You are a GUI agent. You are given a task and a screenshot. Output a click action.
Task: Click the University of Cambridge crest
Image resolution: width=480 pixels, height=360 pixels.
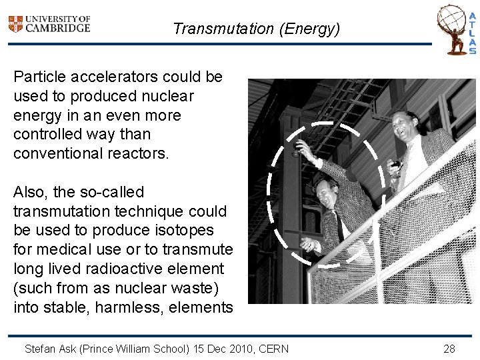tap(15, 24)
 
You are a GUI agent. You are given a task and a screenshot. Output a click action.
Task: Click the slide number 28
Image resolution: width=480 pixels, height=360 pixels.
tap(449, 349)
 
